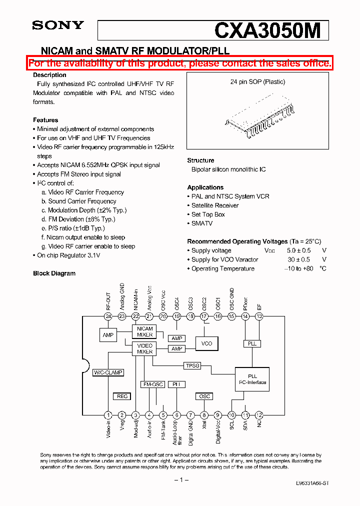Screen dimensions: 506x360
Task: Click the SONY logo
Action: tap(58, 25)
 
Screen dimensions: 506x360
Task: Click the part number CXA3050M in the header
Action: tap(267, 30)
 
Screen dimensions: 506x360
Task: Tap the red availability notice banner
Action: tap(180, 63)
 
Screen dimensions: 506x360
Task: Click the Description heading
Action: tap(49, 75)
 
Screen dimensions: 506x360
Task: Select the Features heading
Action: tap(45, 120)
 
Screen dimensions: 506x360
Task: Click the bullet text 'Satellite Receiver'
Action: tap(215, 205)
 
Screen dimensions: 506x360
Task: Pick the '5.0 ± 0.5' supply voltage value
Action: tap(295, 250)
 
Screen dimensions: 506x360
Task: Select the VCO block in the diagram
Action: tap(206, 343)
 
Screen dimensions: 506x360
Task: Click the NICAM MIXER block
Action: tap(145, 331)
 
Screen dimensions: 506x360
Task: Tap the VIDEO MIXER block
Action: tap(145, 348)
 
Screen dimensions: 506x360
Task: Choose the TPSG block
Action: tap(192, 365)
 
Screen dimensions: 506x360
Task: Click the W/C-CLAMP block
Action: tap(108, 372)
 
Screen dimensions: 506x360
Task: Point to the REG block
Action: tap(122, 396)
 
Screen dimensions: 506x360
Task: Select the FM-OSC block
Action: tap(153, 384)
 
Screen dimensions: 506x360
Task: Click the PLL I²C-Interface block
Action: tap(252, 379)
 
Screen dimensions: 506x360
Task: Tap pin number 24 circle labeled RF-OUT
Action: tap(108, 316)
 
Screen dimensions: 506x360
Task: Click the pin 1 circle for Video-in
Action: tap(108, 415)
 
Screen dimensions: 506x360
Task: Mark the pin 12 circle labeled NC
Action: tap(259, 415)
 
